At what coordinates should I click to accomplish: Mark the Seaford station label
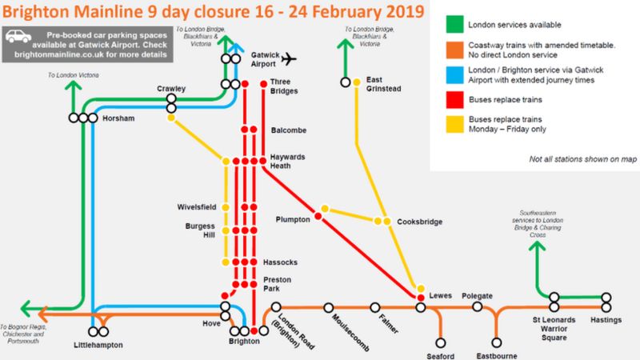coord(440,355)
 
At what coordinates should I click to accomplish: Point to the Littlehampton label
coord(98,345)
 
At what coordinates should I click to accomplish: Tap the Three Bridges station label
coord(284,86)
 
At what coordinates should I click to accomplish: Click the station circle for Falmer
coord(374,307)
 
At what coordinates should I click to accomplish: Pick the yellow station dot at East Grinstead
coord(356,82)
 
